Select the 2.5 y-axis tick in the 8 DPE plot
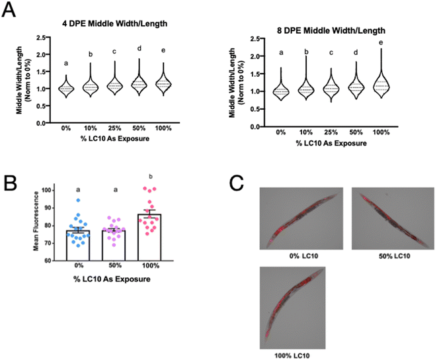tap(255, 39)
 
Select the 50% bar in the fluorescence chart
tap(114, 245)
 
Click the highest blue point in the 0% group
tap(78, 200)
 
